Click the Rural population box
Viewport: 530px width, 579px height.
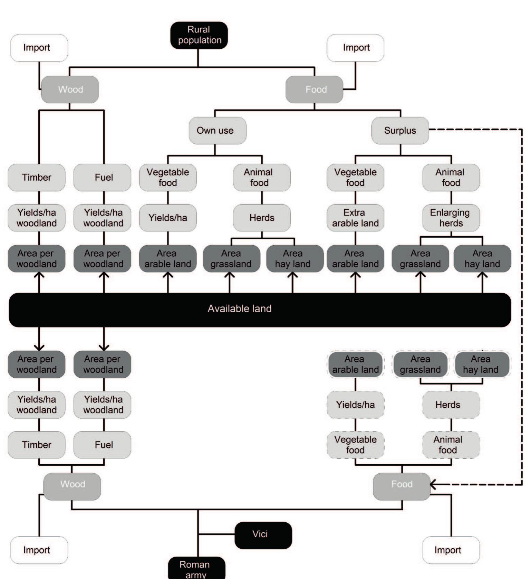(x=199, y=35)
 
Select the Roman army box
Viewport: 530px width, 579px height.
(x=196, y=568)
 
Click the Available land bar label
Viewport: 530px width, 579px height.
(x=239, y=309)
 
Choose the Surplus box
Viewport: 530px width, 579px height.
(x=400, y=131)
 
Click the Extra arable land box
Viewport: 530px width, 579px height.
(x=355, y=218)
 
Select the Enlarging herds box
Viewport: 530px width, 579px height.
(x=451, y=218)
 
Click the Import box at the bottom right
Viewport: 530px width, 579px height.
(x=451, y=550)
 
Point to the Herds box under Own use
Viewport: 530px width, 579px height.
(x=262, y=218)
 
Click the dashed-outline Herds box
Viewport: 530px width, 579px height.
(x=451, y=405)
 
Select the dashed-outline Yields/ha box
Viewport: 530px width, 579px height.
(x=355, y=405)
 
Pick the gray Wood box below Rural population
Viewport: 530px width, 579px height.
(x=70, y=89)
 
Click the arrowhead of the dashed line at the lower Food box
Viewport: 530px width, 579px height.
(x=433, y=484)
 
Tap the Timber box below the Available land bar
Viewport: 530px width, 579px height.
(x=37, y=445)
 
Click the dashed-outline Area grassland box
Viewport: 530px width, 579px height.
(x=420, y=364)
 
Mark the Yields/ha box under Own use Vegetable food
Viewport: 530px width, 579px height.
(x=168, y=218)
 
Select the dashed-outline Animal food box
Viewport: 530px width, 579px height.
(x=451, y=445)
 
